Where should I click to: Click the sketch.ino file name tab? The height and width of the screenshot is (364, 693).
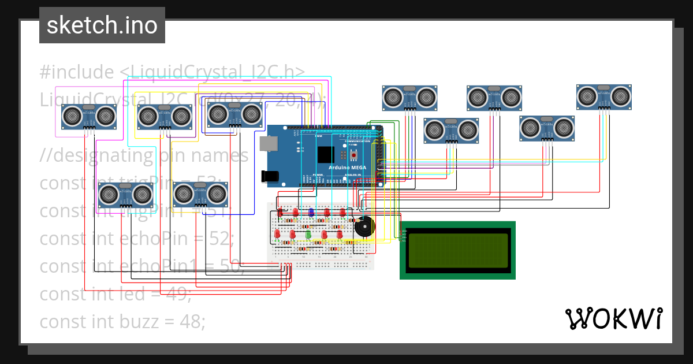click(x=102, y=25)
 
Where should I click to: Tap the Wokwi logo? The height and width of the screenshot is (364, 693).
click(x=613, y=318)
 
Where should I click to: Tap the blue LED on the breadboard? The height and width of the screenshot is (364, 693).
click(x=311, y=213)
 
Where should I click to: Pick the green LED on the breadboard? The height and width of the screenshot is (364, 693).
click(x=308, y=234)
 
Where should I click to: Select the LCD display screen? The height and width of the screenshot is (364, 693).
click(x=457, y=250)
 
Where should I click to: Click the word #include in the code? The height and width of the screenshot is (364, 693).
click(x=77, y=72)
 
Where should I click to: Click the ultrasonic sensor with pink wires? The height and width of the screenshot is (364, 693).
click(x=90, y=117)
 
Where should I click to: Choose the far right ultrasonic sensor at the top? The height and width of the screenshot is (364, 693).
click(x=603, y=96)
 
